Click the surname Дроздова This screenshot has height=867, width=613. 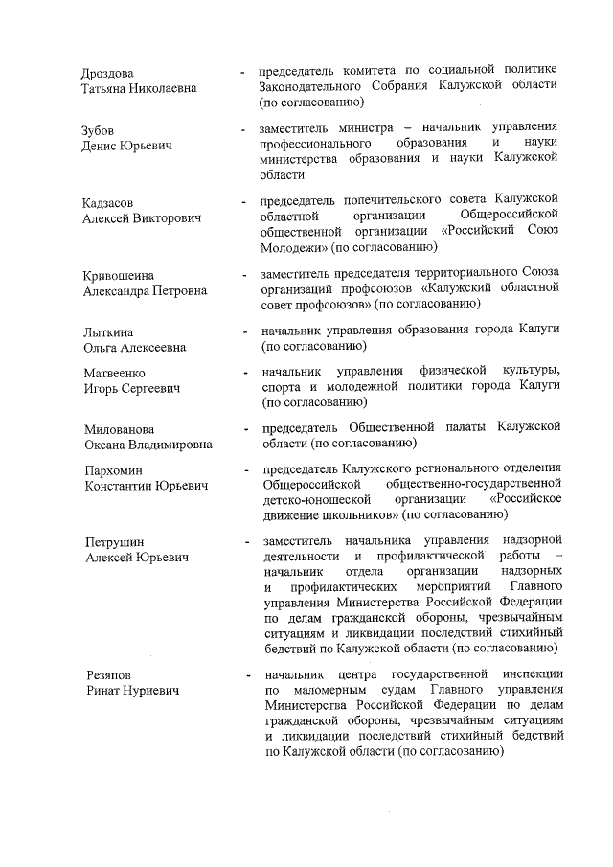[x=109, y=73]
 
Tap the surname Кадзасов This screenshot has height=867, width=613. [x=108, y=202]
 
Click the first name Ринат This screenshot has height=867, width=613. [x=102, y=692]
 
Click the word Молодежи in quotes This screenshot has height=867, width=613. [x=293, y=247]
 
